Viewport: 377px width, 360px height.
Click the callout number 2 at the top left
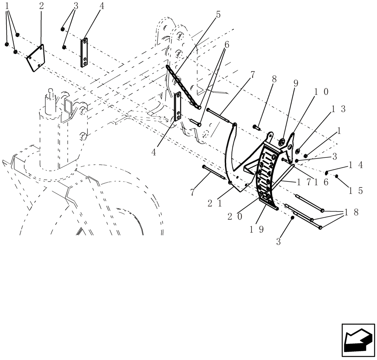click(41, 6)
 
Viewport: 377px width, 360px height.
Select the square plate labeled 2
click(36, 58)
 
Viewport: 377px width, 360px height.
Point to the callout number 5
click(218, 15)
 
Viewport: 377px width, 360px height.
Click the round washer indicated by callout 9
click(282, 143)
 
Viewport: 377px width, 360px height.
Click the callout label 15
click(356, 191)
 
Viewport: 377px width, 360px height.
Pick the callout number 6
click(227, 44)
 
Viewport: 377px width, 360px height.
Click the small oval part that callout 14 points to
click(327, 172)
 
